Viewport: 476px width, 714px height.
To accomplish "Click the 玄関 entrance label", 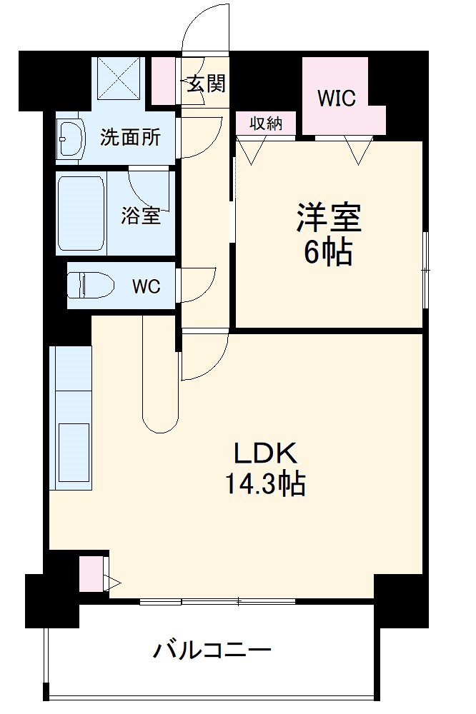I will point(207,84).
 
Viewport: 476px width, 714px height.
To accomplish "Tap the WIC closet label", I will point(337,98).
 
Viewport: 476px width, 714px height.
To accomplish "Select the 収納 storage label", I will point(265,123).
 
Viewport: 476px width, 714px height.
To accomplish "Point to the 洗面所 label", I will point(129,136).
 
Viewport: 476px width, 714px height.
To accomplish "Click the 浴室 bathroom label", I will point(141,215).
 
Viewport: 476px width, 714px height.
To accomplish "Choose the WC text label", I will point(146,286).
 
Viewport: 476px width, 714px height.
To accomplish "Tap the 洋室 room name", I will point(329,218).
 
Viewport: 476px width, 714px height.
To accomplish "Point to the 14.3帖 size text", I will point(266,486).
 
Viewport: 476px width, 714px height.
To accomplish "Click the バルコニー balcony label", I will point(212,650).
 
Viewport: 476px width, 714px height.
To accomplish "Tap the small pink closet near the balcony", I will point(91,573).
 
